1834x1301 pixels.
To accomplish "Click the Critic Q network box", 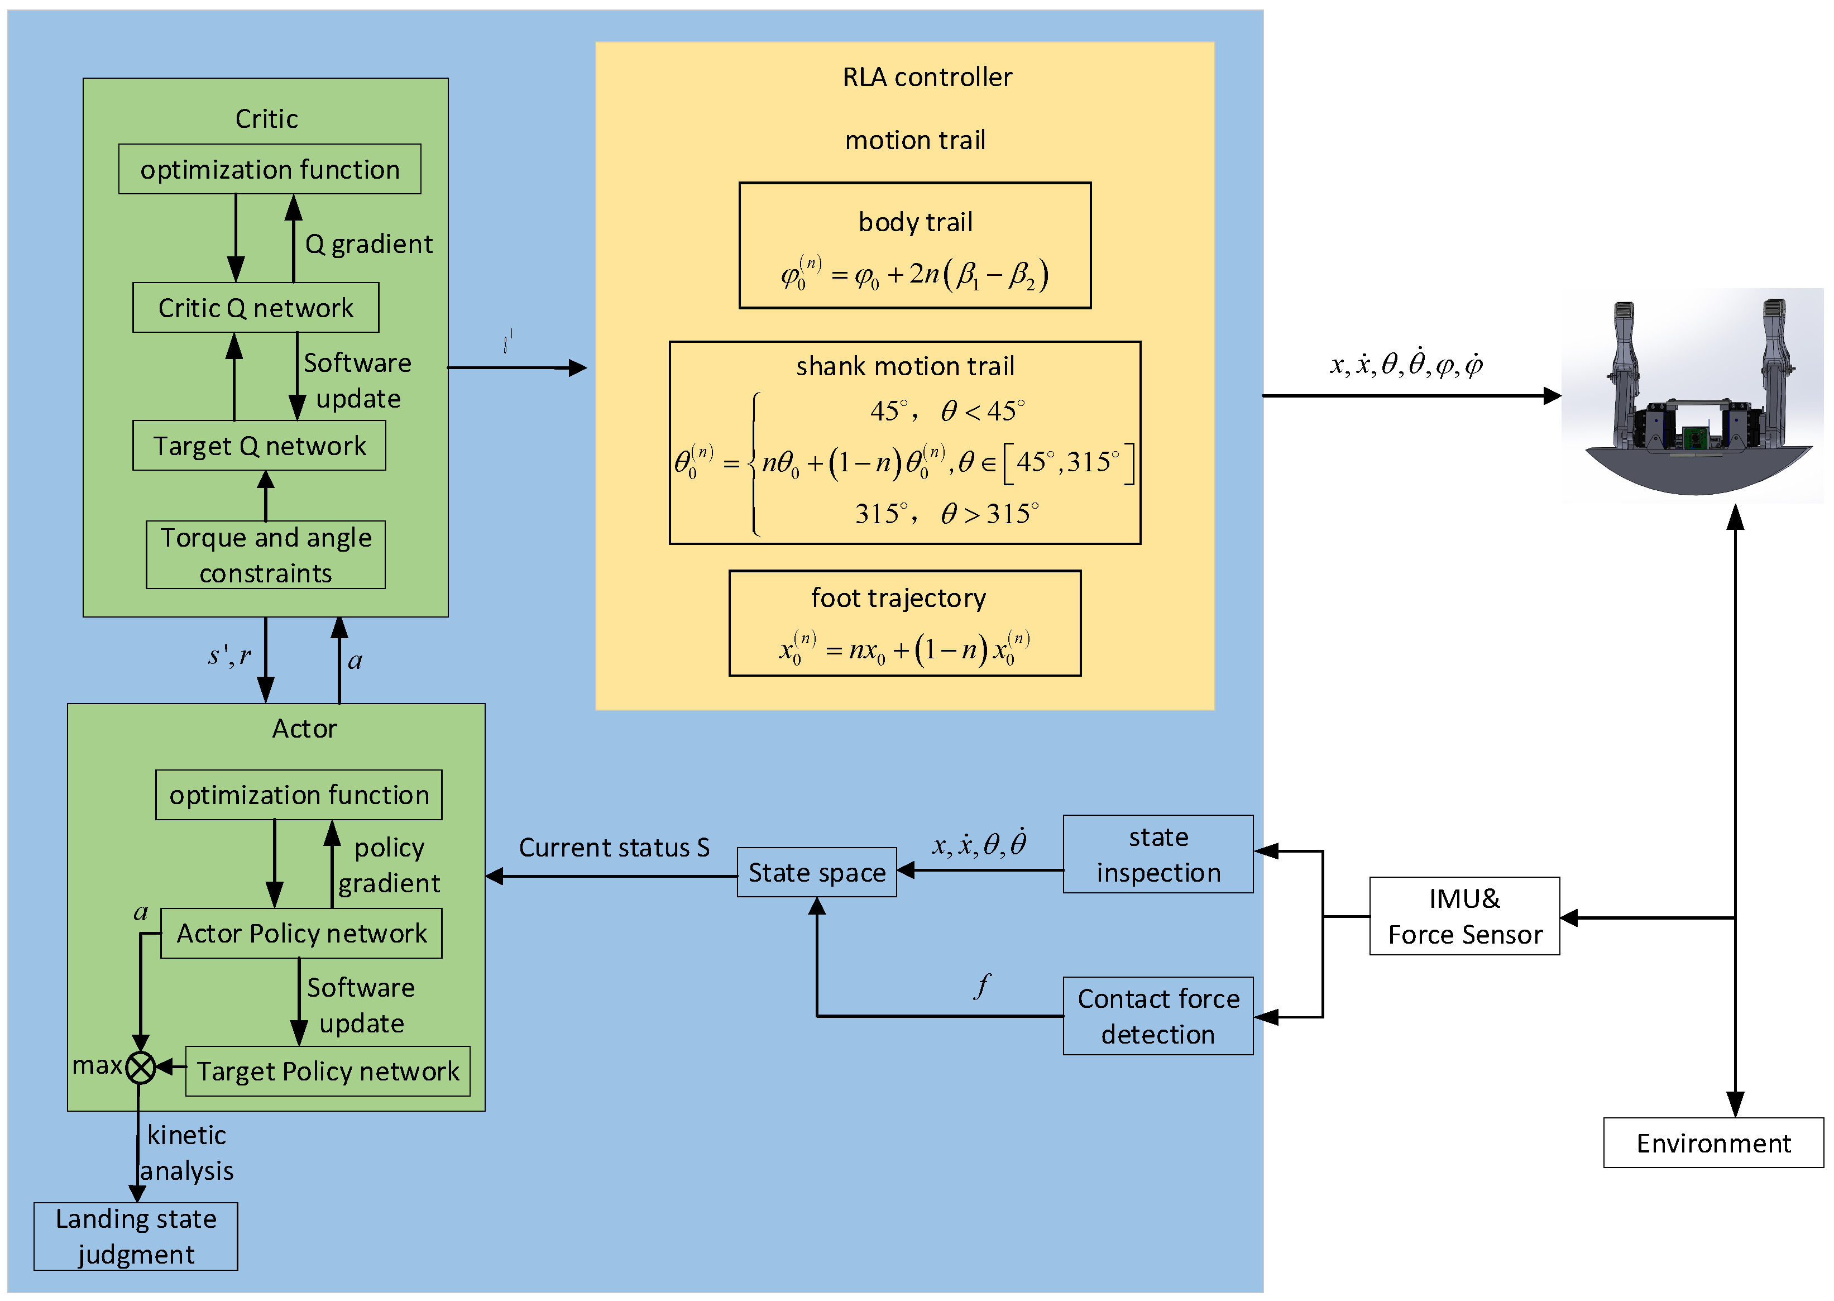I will pos(256,308).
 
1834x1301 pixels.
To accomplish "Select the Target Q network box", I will pos(258,446).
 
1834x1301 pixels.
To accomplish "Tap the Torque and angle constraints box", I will pos(265,554).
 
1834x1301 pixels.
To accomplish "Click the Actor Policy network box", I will pos(301,932).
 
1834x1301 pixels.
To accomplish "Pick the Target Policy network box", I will pos(328,1070).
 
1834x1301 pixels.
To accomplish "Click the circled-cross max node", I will pos(141,1067).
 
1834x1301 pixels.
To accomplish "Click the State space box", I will pos(816,872).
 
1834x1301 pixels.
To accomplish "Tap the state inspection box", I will pos(1157,854).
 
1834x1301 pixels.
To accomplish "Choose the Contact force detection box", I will pos(1157,1015).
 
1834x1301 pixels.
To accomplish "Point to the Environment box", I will pos(1712,1142).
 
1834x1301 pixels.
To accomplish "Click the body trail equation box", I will pos(914,245).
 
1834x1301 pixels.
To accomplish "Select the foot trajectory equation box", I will pos(904,623).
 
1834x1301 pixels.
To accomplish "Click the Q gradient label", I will pos(368,243).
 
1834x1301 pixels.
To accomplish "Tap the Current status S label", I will pos(614,847).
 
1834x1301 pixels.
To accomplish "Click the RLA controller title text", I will pos(927,77).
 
